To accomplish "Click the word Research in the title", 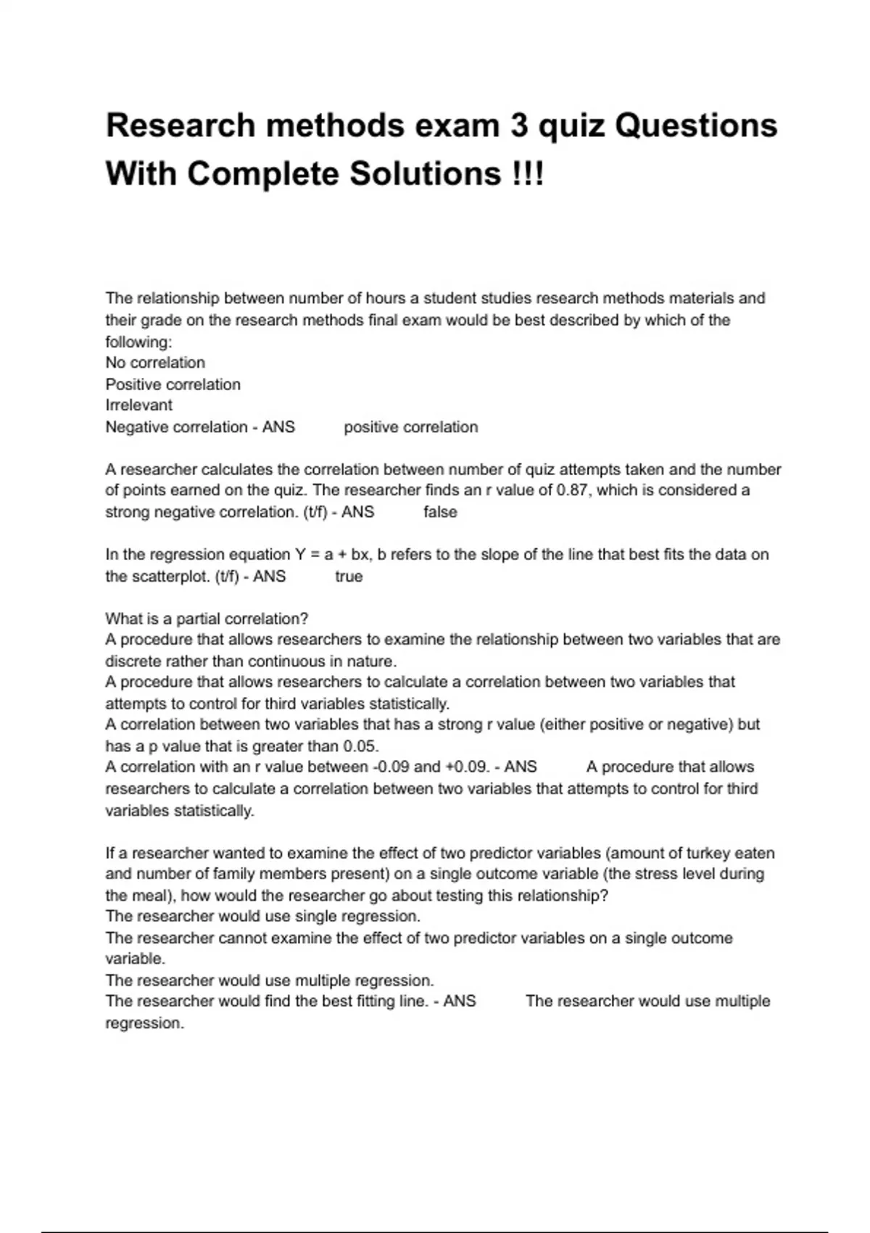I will click(x=180, y=125).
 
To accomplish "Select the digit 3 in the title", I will click(x=519, y=125).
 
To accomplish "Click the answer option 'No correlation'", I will click(x=155, y=363).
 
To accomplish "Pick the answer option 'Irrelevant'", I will click(x=139, y=405).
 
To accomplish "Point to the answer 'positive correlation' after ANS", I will click(x=410, y=427).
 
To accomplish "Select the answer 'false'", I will click(x=440, y=512).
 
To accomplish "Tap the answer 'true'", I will click(x=349, y=577).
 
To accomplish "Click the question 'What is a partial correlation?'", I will click(x=207, y=619).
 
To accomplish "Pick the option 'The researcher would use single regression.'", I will click(x=262, y=916).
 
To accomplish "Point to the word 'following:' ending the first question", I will click(x=138, y=342).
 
